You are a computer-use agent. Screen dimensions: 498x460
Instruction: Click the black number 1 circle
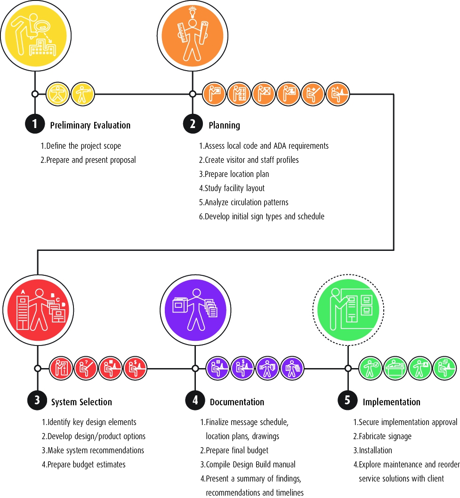click(x=34, y=124)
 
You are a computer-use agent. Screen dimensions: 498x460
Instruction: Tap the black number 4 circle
click(x=194, y=401)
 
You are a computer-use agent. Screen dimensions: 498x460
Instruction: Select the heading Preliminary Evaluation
click(x=90, y=125)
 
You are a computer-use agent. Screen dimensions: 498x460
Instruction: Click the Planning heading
click(x=225, y=125)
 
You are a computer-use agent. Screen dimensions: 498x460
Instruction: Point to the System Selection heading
click(x=81, y=402)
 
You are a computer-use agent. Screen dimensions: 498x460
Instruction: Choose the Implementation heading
click(x=391, y=402)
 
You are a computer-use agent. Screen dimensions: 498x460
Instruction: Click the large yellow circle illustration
click(x=35, y=34)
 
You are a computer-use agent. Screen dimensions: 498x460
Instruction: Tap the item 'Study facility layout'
click(x=232, y=188)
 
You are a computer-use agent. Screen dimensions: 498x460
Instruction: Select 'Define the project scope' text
click(x=81, y=146)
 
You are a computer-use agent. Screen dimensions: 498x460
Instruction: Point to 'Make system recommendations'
click(x=93, y=450)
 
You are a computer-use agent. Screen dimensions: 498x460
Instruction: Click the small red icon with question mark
click(x=86, y=368)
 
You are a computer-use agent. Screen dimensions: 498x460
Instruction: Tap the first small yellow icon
click(x=58, y=94)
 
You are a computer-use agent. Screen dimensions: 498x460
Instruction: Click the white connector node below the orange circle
click(x=192, y=94)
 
